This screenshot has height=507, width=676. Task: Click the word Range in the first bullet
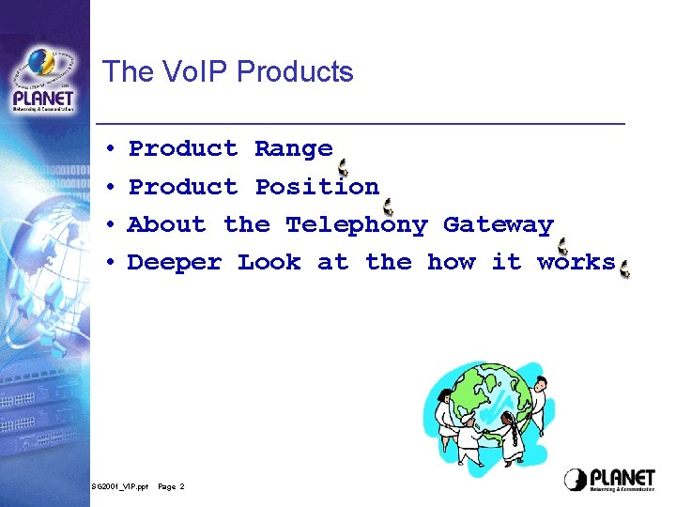point(293,148)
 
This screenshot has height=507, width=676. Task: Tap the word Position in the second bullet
point(316,187)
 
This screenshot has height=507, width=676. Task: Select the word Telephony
point(356,225)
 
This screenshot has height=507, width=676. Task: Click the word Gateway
point(498,225)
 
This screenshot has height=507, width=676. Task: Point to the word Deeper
point(175,263)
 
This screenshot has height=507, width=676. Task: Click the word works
point(576,263)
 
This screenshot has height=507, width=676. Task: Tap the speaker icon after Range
point(343,168)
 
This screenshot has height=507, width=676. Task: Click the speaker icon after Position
point(388,207)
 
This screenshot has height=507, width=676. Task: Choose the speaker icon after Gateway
point(562,246)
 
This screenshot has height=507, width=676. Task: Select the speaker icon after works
point(624,269)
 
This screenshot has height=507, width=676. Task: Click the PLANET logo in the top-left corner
point(43,80)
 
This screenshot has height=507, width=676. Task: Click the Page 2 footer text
point(171,486)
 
